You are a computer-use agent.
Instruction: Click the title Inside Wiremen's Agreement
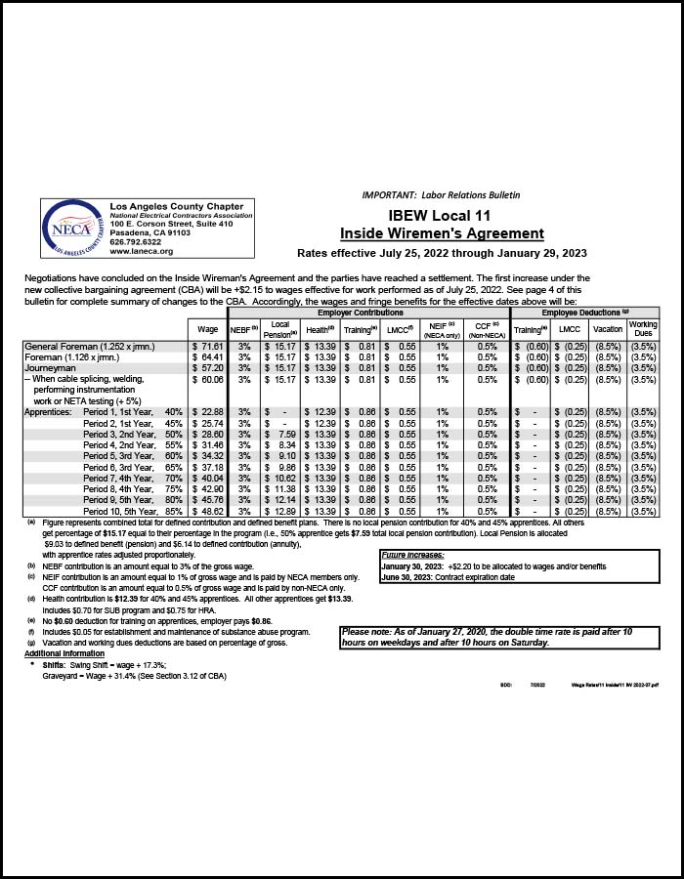pyautogui.click(x=442, y=233)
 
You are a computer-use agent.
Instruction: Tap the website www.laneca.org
pyautogui.click(x=142, y=251)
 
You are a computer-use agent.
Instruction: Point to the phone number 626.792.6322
pyautogui.click(x=136, y=242)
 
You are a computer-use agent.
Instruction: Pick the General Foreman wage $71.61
pyautogui.click(x=208, y=347)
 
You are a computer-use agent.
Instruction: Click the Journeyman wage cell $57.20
pyautogui.click(x=208, y=368)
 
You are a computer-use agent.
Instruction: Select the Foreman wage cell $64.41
pyautogui.click(x=208, y=357)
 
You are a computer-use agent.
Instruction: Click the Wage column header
pyautogui.click(x=208, y=330)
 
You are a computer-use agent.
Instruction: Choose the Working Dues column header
pyautogui.click(x=642, y=329)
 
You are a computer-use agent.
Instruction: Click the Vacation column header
pyautogui.click(x=607, y=330)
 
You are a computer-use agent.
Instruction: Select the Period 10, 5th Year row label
pyautogui.click(x=134, y=511)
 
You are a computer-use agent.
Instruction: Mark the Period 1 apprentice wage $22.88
pyautogui.click(x=208, y=412)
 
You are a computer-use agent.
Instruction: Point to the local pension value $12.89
pyautogui.click(x=279, y=511)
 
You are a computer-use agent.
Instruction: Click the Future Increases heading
pyautogui.click(x=413, y=555)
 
